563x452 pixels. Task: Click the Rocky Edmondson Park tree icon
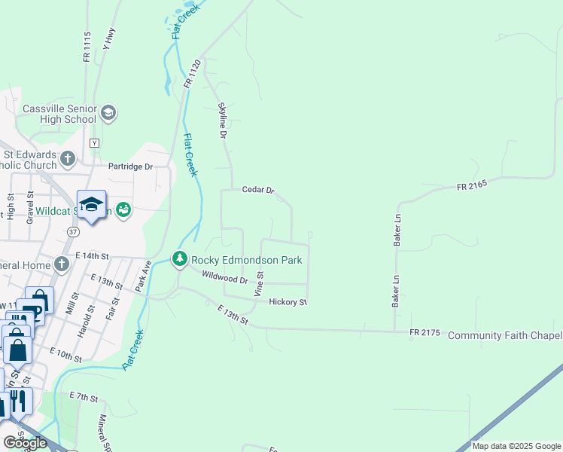tap(179, 259)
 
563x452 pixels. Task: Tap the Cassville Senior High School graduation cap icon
tap(108, 113)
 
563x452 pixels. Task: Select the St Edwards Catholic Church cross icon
tap(68, 159)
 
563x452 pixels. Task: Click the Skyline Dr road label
tap(222, 121)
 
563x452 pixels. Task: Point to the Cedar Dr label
tap(258, 190)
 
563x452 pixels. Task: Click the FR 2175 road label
tap(425, 333)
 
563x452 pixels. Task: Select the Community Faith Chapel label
tap(505, 335)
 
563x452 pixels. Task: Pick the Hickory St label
tap(288, 302)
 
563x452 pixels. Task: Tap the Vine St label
tap(259, 285)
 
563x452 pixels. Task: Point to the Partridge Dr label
tap(130, 166)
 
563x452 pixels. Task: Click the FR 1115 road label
tap(87, 46)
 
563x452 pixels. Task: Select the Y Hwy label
tap(108, 38)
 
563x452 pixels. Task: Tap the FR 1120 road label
tap(192, 74)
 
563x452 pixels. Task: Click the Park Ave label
tap(143, 276)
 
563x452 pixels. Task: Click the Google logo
tap(24, 443)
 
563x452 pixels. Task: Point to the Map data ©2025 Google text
tap(516, 446)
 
